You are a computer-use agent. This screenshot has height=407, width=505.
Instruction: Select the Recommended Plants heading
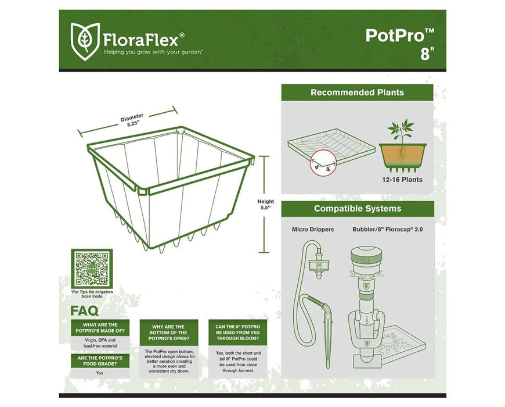[357, 92]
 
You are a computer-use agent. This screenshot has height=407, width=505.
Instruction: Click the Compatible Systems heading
[357, 209]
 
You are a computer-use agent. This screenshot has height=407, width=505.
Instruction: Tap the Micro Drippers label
[313, 230]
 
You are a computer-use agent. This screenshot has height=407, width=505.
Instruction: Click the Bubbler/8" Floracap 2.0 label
[387, 230]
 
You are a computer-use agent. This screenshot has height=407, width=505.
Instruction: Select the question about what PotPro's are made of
[100, 328]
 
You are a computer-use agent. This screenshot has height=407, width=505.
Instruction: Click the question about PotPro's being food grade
[100, 360]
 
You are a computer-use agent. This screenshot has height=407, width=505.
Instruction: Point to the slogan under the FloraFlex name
[153, 52]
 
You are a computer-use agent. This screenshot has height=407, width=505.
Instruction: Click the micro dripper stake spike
[325, 351]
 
